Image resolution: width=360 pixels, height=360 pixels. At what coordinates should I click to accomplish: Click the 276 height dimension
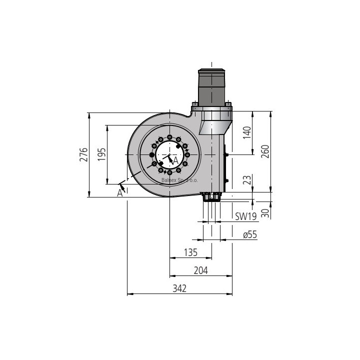pos(84,154)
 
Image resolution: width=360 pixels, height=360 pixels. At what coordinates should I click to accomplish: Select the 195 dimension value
pos(101,154)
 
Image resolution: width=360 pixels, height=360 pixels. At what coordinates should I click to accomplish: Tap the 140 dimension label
pos(247,132)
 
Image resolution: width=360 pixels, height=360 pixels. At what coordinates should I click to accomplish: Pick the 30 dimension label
pos(265,213)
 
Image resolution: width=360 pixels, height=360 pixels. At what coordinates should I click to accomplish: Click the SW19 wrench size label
pos(246,216)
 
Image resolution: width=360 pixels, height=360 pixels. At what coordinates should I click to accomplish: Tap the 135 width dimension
pos(190,252)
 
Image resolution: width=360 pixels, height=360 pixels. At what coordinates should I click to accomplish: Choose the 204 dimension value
pos(200,270)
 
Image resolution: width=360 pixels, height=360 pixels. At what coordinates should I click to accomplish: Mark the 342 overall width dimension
pos(179,288)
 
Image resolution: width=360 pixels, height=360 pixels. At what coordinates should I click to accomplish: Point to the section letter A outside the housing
pos(120,193)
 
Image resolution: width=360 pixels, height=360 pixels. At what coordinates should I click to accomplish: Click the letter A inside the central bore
pos(175,160)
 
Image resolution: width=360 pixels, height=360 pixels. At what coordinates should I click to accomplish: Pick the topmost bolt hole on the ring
pos(170,137)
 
